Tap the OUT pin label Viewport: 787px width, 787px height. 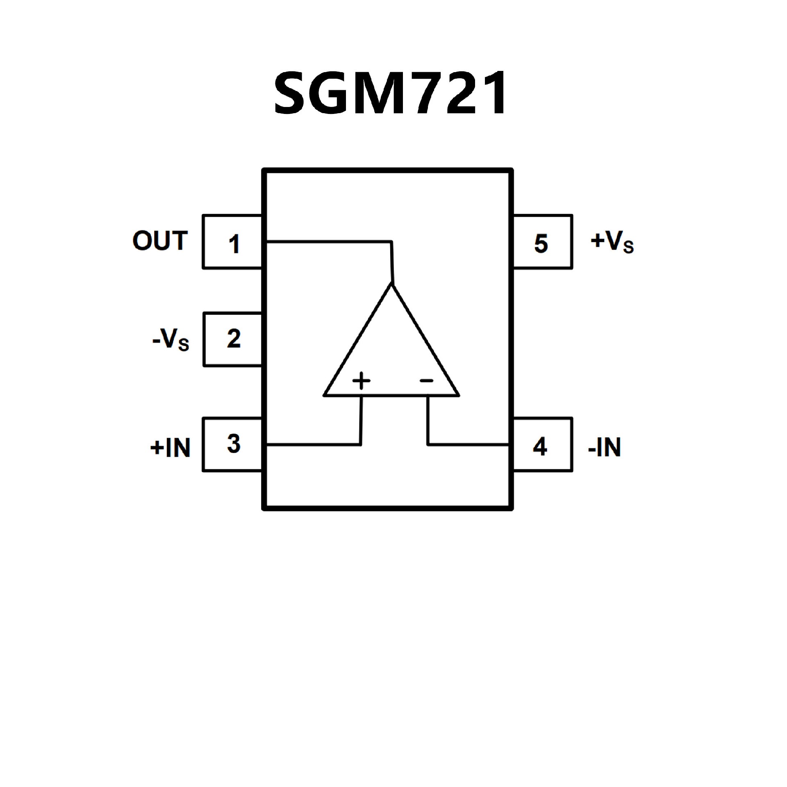point(160,241)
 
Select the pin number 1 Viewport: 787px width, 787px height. point(234,244)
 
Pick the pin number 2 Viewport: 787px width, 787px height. point(234,339)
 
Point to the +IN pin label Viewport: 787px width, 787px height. point(171,447)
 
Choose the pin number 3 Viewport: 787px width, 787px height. point(234,444)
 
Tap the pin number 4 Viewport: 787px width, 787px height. point(540,447)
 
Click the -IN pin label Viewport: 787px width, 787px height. point(604,447)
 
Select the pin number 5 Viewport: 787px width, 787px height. point(541,243)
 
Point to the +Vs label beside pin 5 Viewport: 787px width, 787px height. point(612,242)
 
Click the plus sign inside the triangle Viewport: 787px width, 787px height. point(361,381)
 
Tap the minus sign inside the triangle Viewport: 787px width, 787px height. point(426,381)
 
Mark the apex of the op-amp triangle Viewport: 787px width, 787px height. point(392,284)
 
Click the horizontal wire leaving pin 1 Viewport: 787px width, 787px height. point(328,241)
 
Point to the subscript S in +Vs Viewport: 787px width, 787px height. point(628,247)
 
